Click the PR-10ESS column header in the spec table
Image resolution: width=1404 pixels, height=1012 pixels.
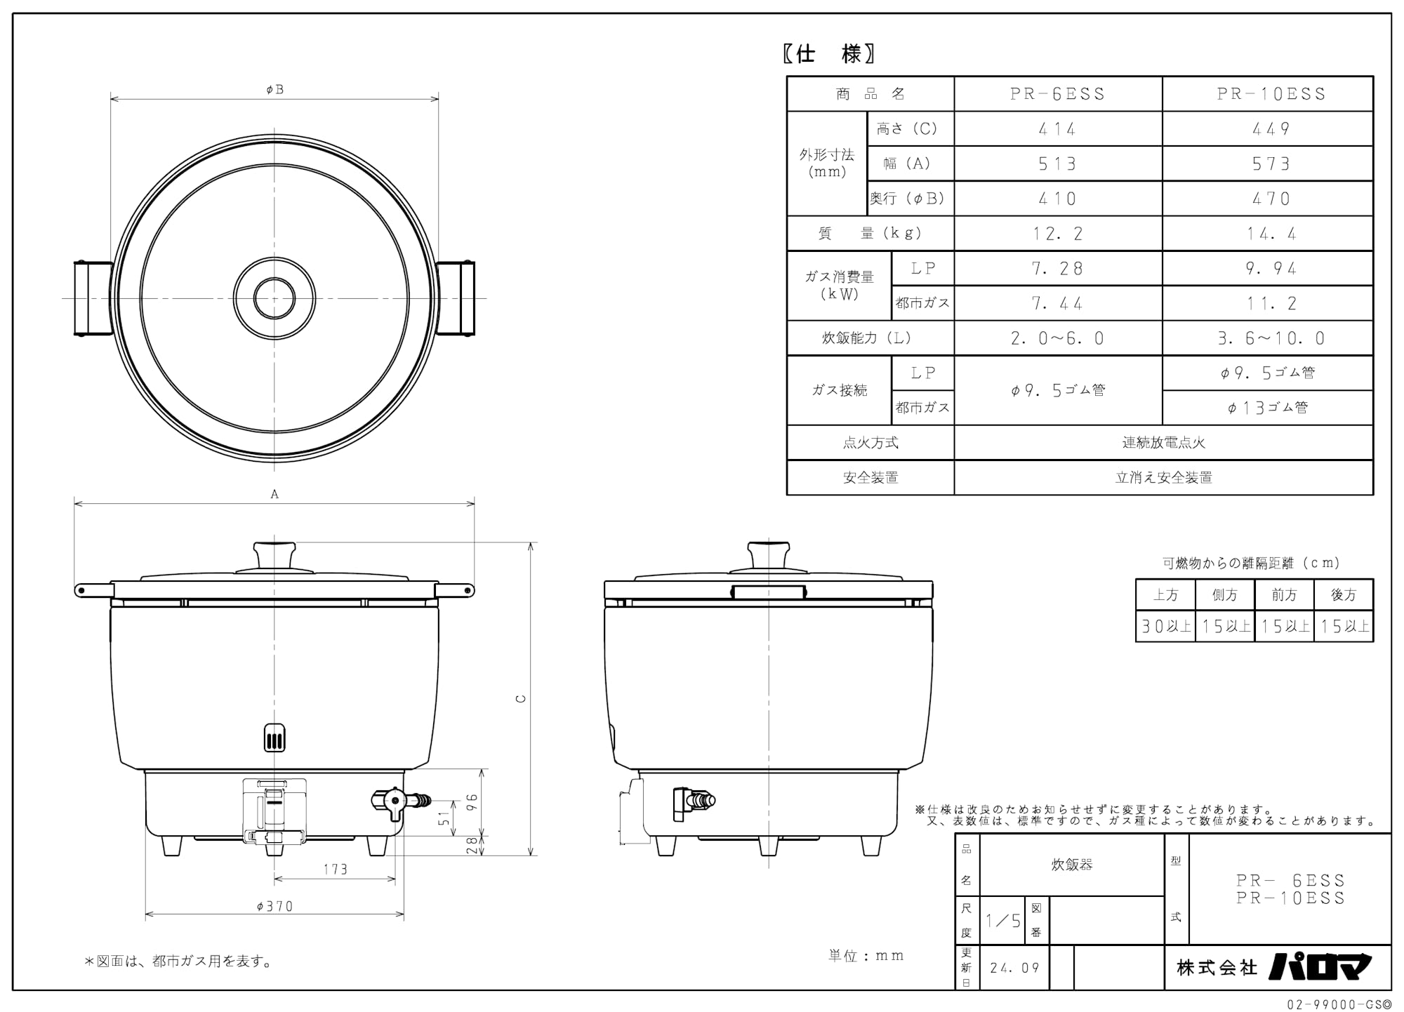pyautogui.click(x=1271, y=94)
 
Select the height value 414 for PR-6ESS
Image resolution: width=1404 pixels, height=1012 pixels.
pyautogui.click(x=1057, y=129)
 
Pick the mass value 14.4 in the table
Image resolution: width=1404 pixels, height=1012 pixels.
pyautogui.click(x=1271, y=234)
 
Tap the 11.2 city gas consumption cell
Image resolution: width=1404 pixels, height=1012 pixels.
pyautogui.click(x=1271, y=303)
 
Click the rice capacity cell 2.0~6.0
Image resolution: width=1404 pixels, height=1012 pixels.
pyautogui.click(x=1057, y=338)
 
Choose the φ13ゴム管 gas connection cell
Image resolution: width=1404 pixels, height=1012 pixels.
pyautogui.click(x=1268, y=408)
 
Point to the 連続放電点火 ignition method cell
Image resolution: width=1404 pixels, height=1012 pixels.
pyautogui.click(x=1163, y=443)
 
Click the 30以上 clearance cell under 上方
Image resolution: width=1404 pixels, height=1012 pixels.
pyautogui.click(x=1165, y=626)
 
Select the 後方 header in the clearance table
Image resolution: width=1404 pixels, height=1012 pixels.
pyautogui.click(x=1343, y=595)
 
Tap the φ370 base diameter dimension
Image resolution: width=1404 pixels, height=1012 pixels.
pyautogui.click(x=274, y=906)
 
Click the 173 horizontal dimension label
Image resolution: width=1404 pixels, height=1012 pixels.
pyautogui.click(x=335, y=870)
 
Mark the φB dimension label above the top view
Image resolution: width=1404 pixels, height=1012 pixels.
pyautogui.click(x=274, y=89)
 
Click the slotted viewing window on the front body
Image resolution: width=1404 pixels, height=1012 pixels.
pyautogui.click(x=274, y=737)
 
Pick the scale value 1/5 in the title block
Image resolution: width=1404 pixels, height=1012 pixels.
pyautogui.click(x=1002, y=921)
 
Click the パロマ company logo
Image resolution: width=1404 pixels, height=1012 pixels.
pyautogui.click(x=1319, y=966)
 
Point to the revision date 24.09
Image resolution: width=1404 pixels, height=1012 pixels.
pyautogui.click(x=1014, y=968)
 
